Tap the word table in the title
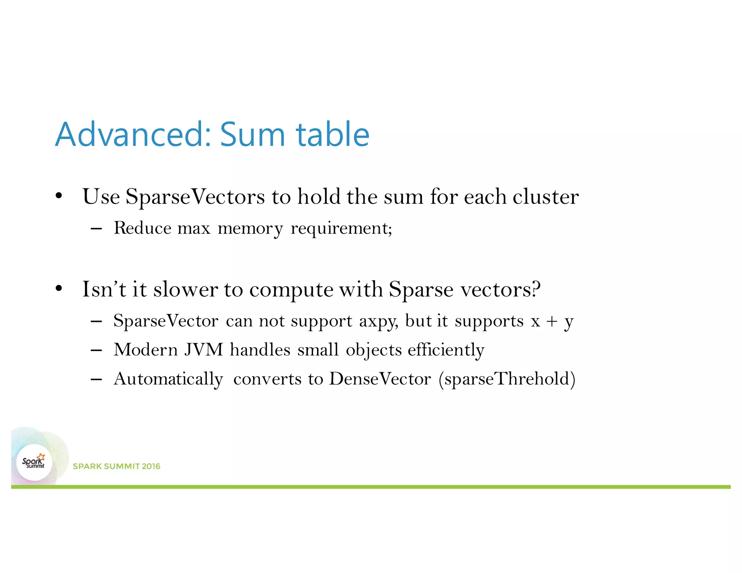[x=333, y=135]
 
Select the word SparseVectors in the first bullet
[x=195, y=197]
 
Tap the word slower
[x=185, y=289]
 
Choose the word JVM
[x=204, y=350]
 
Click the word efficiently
[x=446, y=350]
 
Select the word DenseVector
[x=380, y=379]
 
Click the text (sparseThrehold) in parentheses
[x=507, y=379]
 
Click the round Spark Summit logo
[x=34, y=463]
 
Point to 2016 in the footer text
[x=151, y=466]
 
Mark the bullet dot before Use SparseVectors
[x=59, y=197]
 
